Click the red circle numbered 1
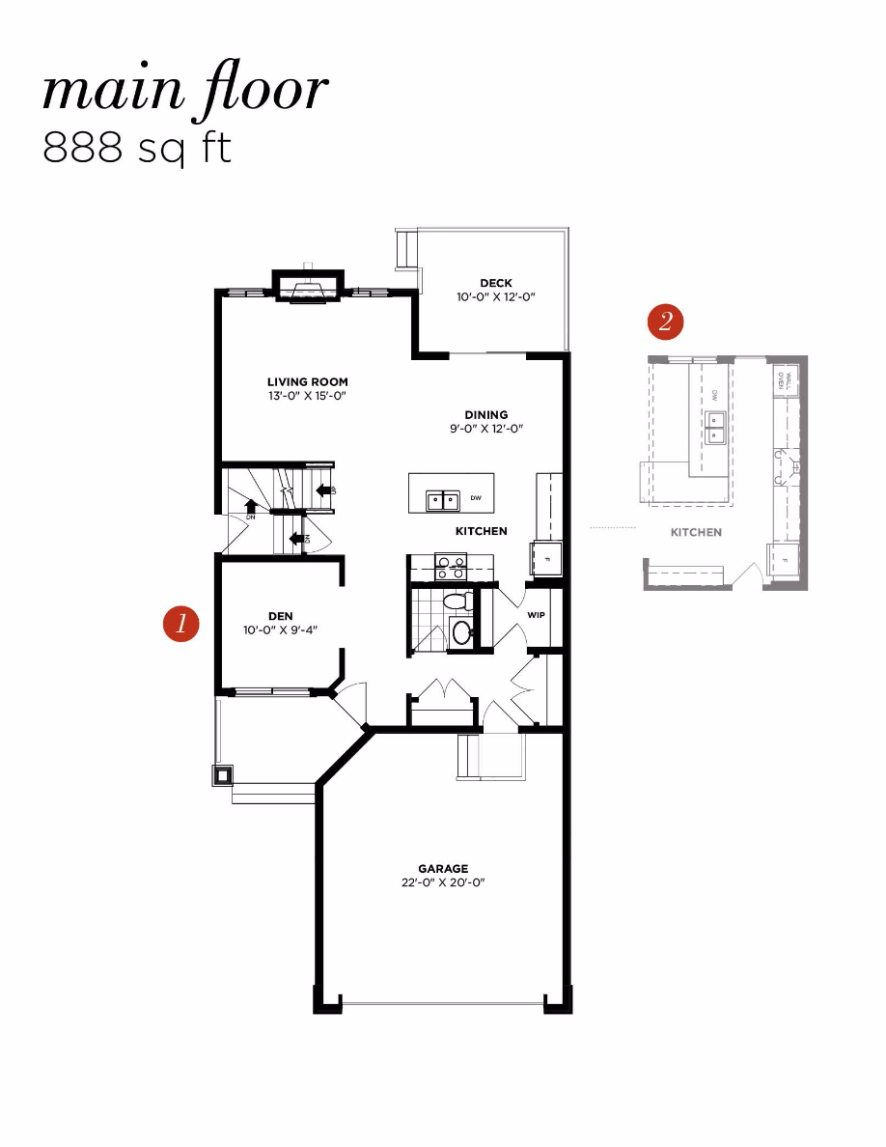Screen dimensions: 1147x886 tap(181, 624)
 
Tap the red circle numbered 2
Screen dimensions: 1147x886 tap(666, 322)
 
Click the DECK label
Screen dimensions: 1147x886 tap(495, 283)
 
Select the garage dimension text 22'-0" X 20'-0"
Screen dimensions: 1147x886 tap(443, 882)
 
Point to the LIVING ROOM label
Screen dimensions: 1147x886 tap(307, 381)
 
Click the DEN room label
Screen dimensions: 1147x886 tap(281, 616)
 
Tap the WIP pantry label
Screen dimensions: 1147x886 tap(537, 614)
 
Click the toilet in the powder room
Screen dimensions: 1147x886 tap(456, 602)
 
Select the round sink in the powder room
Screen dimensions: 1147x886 tap(462, 633)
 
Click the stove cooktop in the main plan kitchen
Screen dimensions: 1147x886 tap(451, 566)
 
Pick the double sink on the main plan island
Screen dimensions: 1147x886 tap(443, 499)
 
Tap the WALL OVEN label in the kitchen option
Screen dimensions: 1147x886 tap(786, 378)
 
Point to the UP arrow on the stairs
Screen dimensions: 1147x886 tap(323, 491)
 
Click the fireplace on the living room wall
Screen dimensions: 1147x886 tap(308, 287)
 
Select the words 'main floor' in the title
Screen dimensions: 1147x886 tap(184, 92)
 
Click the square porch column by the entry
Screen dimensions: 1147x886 tap(223, 774)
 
